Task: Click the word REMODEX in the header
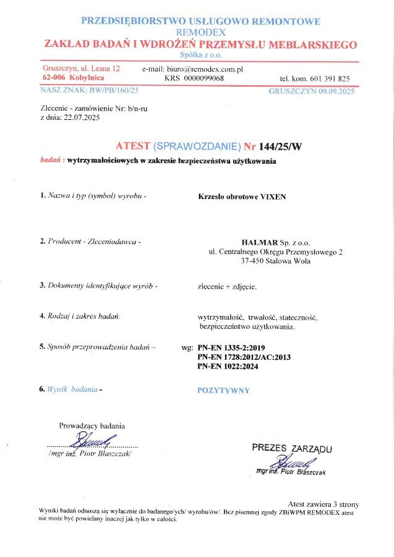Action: (x=200, y=32)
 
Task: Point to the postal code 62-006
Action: (x=54, y=78)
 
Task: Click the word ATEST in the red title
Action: (x=132, y=146)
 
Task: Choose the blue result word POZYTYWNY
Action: (x=223, y=390)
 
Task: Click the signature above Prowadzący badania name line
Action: (x=93, y=441)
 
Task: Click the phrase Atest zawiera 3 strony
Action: (x=323, y=504)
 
